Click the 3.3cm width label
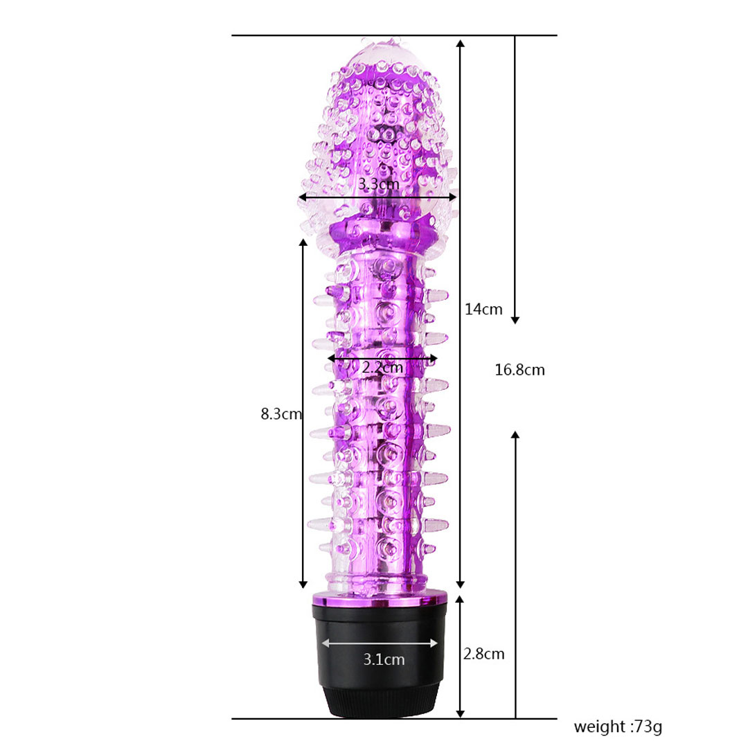point(379,184)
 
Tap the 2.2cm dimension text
point(382,367)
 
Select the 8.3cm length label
point(281,413)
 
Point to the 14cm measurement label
point(483,309)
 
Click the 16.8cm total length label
point(519,370)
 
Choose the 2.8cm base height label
point(483,654)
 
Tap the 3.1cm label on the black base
point(384,659)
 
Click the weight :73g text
point(618,727)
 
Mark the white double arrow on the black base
point(380,643)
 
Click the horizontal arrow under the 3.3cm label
point(378,197)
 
